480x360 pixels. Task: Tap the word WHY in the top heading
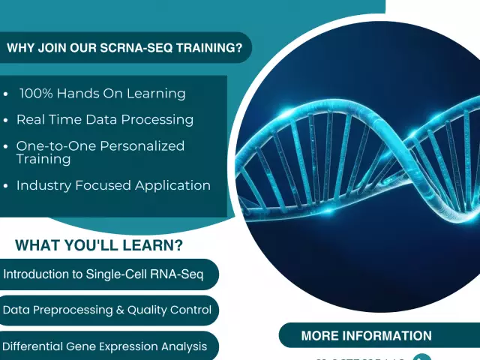click(22, 48)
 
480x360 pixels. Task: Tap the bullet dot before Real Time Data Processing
click(7, 120)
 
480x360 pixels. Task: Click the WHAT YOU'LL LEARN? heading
click(99, 246)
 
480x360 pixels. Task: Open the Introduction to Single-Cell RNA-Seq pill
click(105, 274)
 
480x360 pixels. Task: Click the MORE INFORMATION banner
click(366, 336)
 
